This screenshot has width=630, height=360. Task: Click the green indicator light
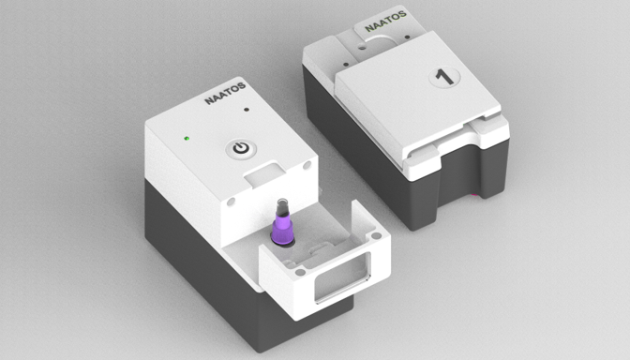click(x=187, y=139)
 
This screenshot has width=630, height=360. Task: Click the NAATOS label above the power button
click(x=225, y=93)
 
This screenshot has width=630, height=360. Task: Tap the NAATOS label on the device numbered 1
click(x=385, y=22)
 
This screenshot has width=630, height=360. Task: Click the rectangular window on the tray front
click(x=342, y=277)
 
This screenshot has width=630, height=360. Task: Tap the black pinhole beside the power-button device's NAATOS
click(x=247, y=110)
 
